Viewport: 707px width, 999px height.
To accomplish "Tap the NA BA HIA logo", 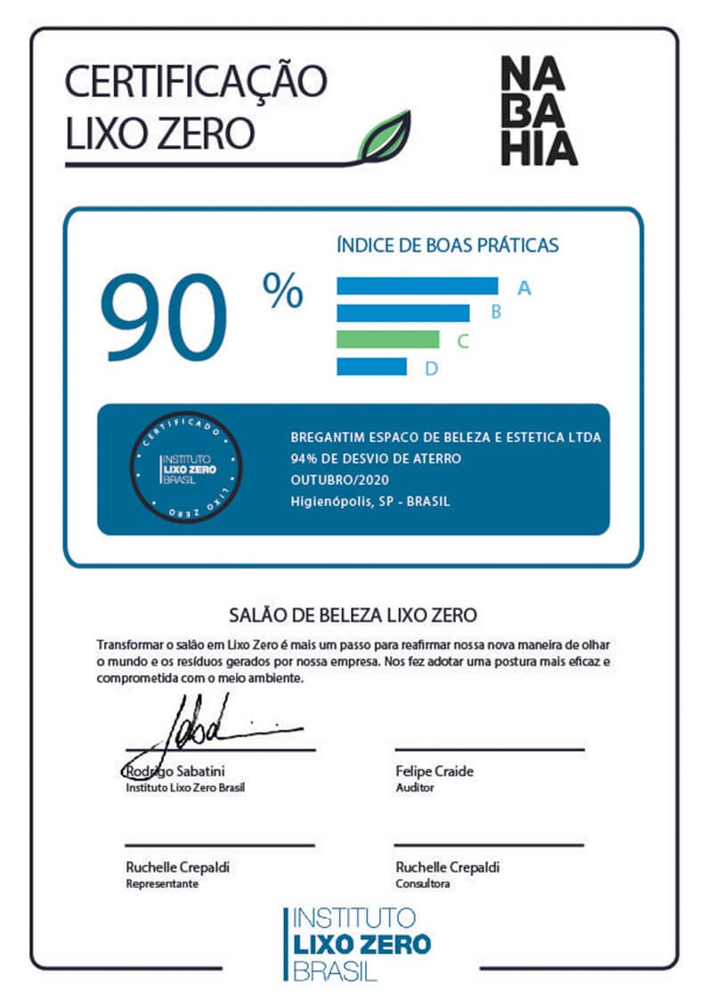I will pos(538,111).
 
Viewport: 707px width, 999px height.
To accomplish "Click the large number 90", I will pos(164,318).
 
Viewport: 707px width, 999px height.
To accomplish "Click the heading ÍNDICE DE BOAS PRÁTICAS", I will pos(447,244).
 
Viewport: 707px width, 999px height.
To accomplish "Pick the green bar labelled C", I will pos(387,340).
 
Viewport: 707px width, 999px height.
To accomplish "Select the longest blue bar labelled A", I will pos(417,286).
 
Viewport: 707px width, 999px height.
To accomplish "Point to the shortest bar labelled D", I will pos(371,367).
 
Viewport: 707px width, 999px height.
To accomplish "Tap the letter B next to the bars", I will pos(496,312).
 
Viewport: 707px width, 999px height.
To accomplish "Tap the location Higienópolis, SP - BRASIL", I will pos(370,501).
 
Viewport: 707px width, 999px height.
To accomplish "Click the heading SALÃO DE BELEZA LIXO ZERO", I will pos(353,614).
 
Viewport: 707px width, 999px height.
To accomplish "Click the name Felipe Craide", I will pos(435,771).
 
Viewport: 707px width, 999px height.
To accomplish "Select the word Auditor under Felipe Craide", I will pos(415,788).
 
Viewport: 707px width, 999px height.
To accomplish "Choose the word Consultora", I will pos(423,883).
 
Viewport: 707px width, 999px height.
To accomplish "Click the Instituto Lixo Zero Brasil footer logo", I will pos(358,943).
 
